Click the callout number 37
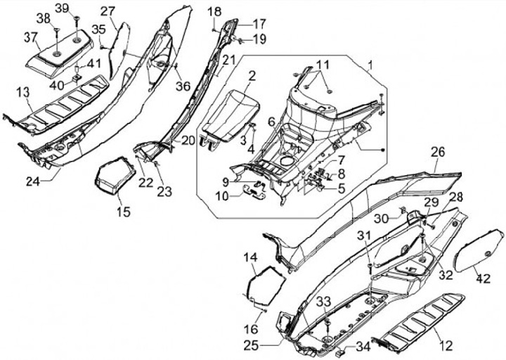31,37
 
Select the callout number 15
124,212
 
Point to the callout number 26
438,153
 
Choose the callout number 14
251,258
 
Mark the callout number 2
251,75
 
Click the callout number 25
252,345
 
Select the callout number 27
108,11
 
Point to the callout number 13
22,92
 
